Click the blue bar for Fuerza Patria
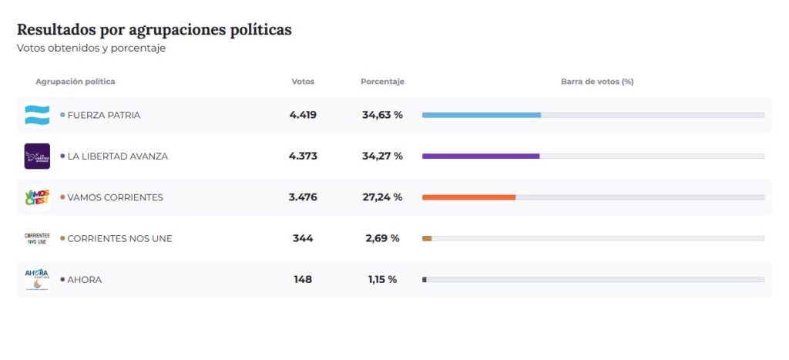(481, 115)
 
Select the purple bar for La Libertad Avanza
(480, 156)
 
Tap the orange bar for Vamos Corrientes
(468, 197)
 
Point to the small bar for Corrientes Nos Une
(427, 238)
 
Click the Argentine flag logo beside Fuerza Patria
(37, 115)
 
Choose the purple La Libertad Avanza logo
(37, 156)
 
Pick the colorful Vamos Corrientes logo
(37, 197)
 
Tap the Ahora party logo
(37, 279)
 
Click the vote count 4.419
(303, 115)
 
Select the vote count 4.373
(303, 156)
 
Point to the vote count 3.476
(303, 197)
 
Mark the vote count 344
(303, 238)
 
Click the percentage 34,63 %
(382, 115)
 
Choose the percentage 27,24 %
(382, 197)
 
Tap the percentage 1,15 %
(382, 279)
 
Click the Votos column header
(303, 82)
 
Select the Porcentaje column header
(382, 82)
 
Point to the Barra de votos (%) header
(597, 82)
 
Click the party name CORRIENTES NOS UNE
(119, 238)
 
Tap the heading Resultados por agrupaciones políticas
(154, 30)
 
